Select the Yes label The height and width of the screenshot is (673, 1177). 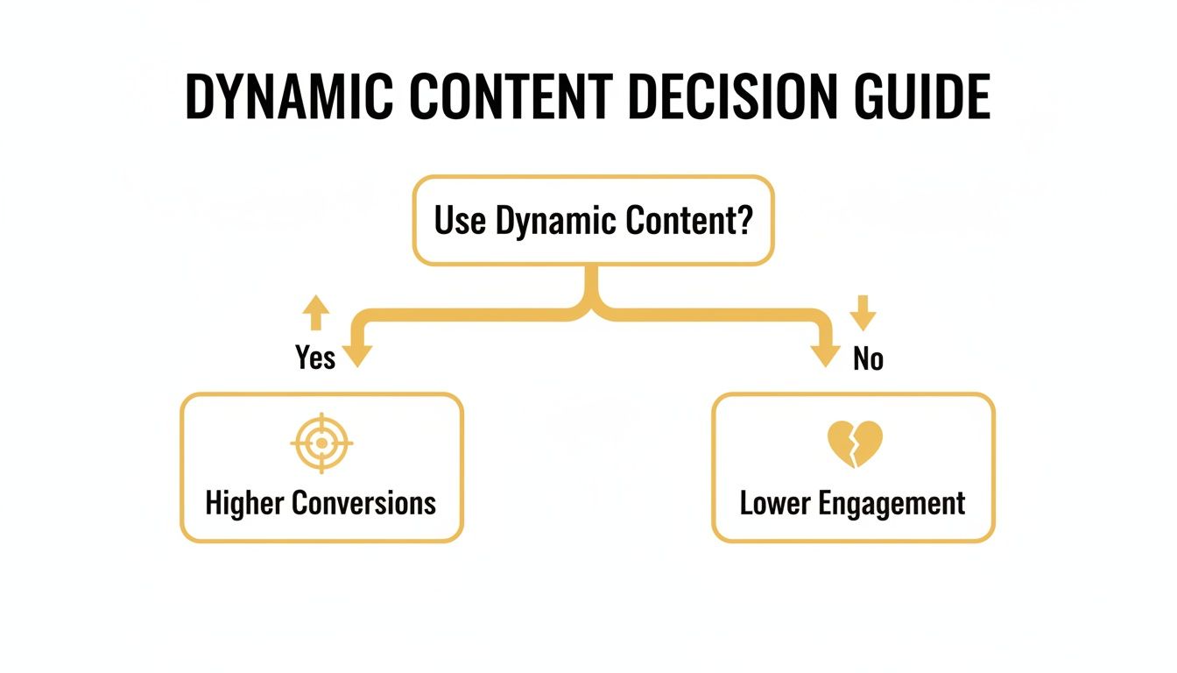tap(315, 358)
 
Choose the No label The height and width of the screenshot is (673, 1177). tap(868, 359)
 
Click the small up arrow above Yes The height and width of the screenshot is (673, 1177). tap(316, 312)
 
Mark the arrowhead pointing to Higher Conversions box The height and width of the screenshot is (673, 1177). tap(357, 354)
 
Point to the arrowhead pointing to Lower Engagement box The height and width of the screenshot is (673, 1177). tap(825, 354)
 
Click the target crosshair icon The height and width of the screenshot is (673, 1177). tap(321, 443)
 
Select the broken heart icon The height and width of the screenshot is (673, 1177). tap(854, 444)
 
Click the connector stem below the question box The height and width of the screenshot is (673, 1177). tap(593, 289)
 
